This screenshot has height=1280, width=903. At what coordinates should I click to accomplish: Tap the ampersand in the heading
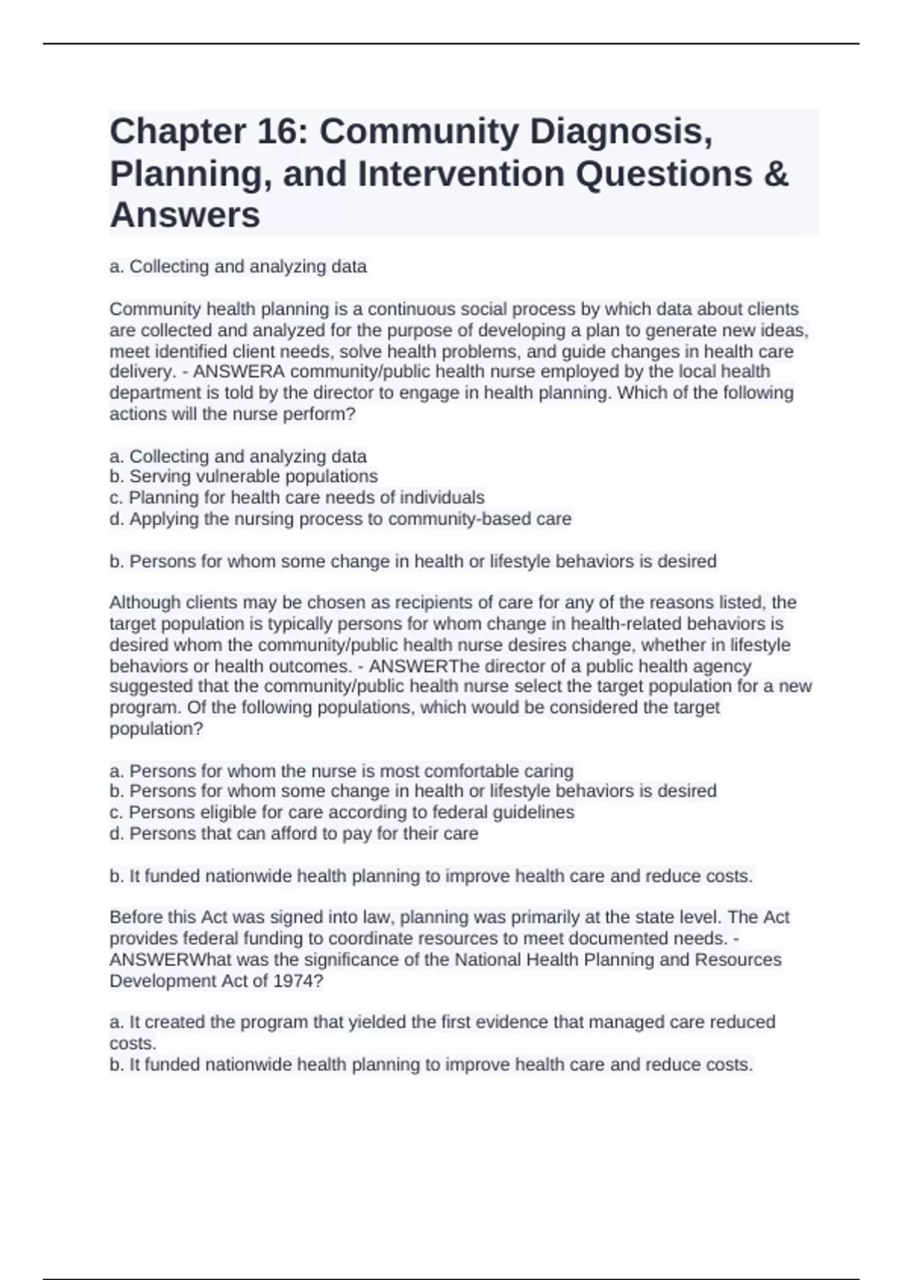776,174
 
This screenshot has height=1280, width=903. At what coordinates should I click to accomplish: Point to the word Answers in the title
185,215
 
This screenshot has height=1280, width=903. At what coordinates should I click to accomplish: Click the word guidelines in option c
533,812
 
